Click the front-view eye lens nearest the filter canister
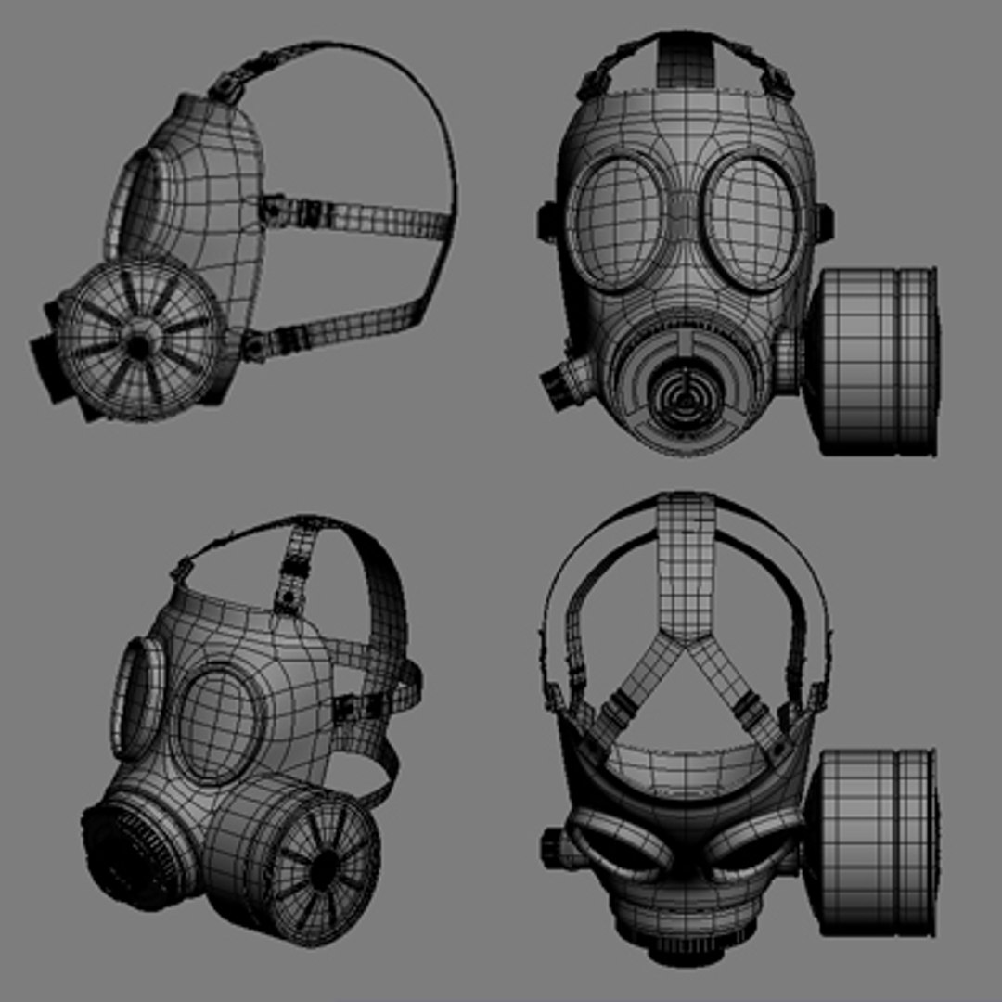[x=753, y=220]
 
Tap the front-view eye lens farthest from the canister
[x=616, y=220]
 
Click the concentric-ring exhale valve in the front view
[x=683, y=394]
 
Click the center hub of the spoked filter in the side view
[x=139, y=345]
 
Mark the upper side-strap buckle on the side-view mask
[x=274, y=209]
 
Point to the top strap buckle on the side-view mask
[x=225, y=88]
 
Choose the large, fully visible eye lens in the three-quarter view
[x=220, y=724]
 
